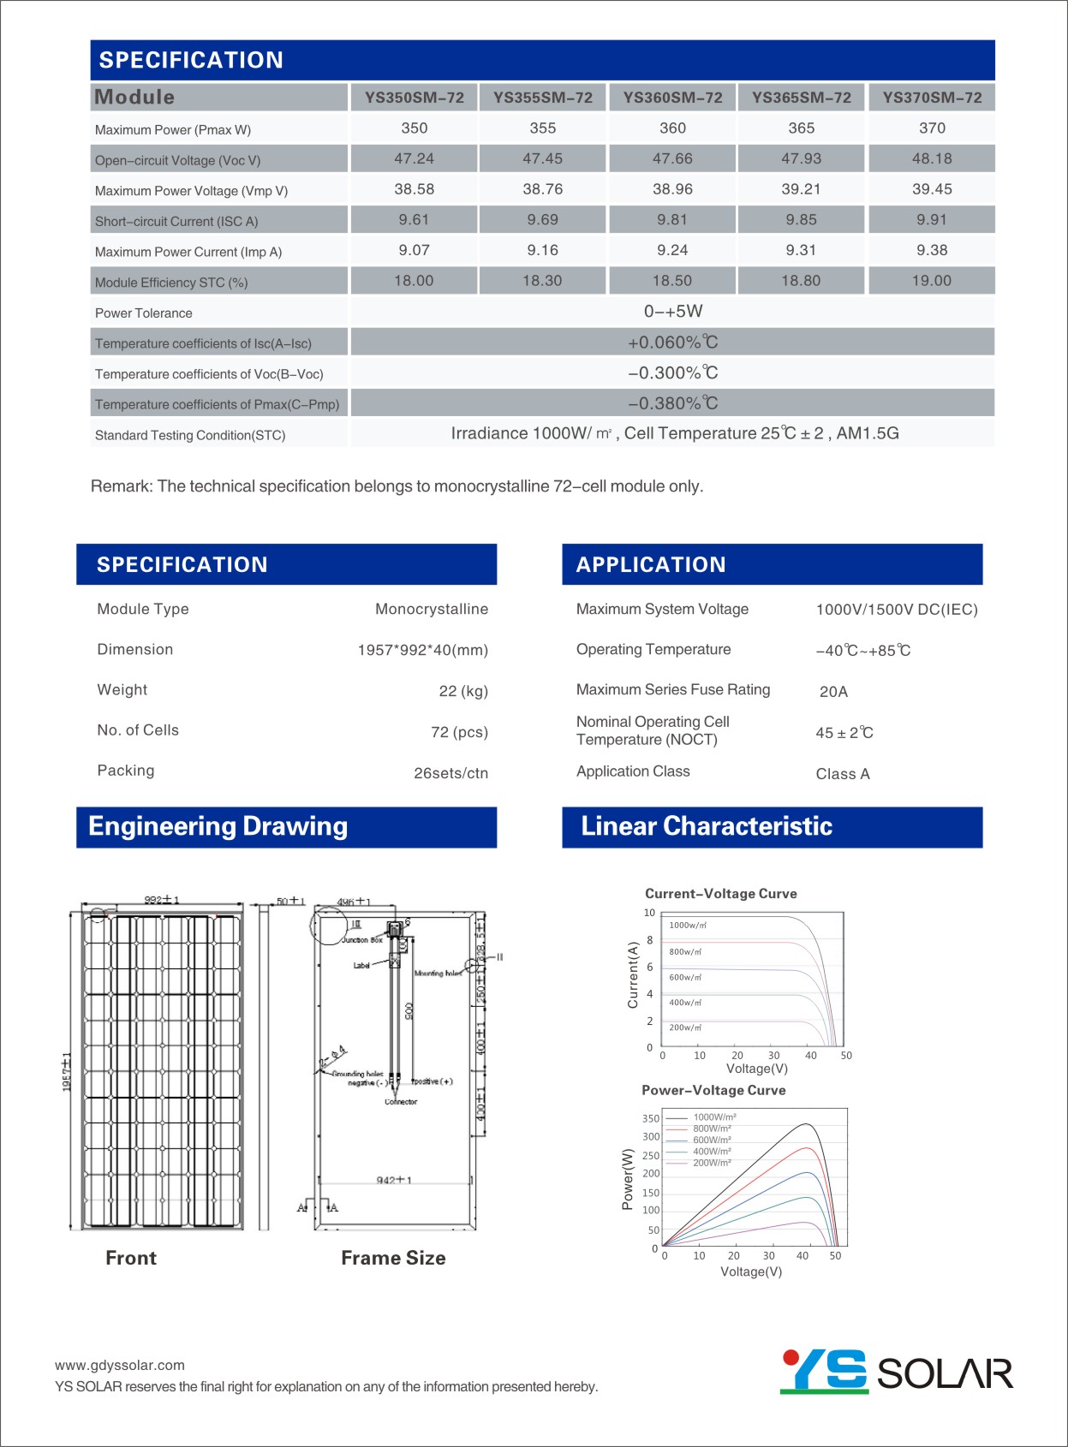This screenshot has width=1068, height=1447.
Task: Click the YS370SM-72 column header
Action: point(932,98)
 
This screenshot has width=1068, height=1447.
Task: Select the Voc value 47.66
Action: point(672,158)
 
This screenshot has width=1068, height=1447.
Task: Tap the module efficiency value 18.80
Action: point(801,281)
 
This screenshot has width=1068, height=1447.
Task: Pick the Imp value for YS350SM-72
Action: point(414,250)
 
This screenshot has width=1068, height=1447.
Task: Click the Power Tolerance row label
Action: point(144,313)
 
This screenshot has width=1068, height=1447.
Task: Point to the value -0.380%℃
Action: point(672,403)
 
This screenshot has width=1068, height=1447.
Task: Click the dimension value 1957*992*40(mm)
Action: point(422,650)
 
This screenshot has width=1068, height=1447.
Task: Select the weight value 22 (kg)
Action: point(463,691)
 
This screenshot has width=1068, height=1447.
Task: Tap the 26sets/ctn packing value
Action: point(450,773)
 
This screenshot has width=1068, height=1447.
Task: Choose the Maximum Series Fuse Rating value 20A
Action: point(833,692)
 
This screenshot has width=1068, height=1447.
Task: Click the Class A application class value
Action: point(843,774)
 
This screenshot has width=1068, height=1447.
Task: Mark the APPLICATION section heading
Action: point(651,564)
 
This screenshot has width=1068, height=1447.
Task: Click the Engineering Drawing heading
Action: point(218,826)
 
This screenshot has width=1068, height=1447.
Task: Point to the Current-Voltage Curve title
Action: point(720,893)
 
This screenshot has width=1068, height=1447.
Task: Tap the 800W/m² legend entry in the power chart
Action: point(712,1128)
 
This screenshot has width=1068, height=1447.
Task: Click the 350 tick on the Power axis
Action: point(651,1118)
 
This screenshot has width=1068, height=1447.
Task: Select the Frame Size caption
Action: point(393,1258)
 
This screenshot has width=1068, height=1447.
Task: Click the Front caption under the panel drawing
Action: point(131,1258)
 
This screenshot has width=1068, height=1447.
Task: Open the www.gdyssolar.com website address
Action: point(120,1365)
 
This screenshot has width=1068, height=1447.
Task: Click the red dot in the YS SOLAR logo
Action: point(791,1357)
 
